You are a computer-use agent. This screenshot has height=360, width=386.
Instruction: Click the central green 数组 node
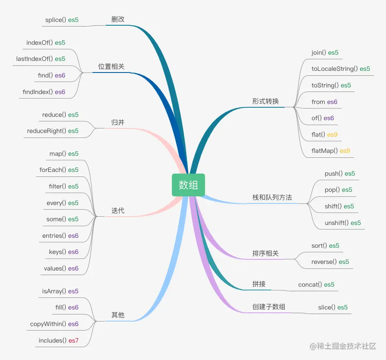(188, 185)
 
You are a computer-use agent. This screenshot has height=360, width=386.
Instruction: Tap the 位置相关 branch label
(111, 66)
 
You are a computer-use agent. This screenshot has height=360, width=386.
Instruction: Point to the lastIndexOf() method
(34, 59)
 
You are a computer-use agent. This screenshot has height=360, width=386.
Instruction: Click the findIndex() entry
(38, 92)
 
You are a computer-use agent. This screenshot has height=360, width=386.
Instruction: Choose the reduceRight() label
(46, 131)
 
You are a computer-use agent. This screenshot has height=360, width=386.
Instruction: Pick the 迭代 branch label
(118, 210)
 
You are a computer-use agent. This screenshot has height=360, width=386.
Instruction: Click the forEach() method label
(53, 170)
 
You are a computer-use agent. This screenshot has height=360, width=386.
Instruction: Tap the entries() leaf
(54, 236)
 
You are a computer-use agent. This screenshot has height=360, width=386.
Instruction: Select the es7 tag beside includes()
(73, 341)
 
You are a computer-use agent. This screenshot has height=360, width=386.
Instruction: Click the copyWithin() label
(48, 324)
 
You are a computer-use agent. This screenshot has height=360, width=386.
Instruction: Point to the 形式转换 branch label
(265, 101)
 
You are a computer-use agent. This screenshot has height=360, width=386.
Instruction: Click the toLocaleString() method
(335, 69)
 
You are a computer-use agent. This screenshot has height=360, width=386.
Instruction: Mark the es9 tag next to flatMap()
(345, 151)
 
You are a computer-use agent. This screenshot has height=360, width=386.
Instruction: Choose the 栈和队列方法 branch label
(272, 197)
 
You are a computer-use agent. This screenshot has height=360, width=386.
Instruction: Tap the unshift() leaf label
(337, 223)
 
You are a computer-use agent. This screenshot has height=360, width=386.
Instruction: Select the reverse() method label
(324, 262)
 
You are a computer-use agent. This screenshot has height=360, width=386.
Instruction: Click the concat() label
(310, 285)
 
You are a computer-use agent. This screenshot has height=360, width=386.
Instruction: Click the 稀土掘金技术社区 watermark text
(347, 346)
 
